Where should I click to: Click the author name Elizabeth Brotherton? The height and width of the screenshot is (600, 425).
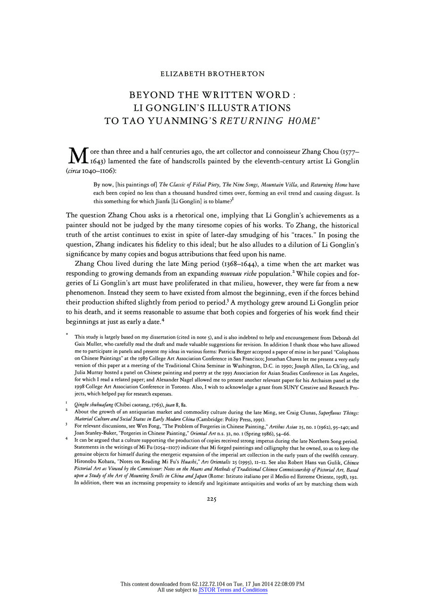[212, 74]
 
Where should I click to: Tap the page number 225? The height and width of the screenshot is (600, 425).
[212, 500]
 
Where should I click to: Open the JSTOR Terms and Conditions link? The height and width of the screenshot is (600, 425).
[233, 590]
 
